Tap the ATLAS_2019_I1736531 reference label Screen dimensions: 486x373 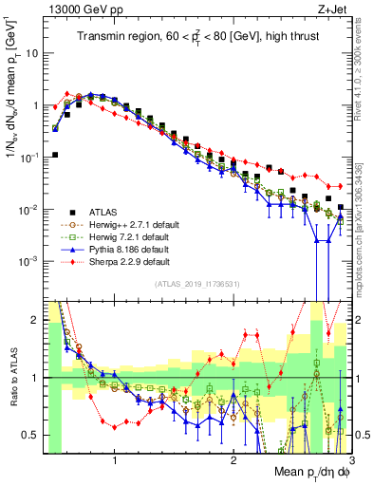click(196, 284)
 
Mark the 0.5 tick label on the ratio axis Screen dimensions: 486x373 click(31, 435)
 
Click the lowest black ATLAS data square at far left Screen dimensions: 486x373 click(55, 154)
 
